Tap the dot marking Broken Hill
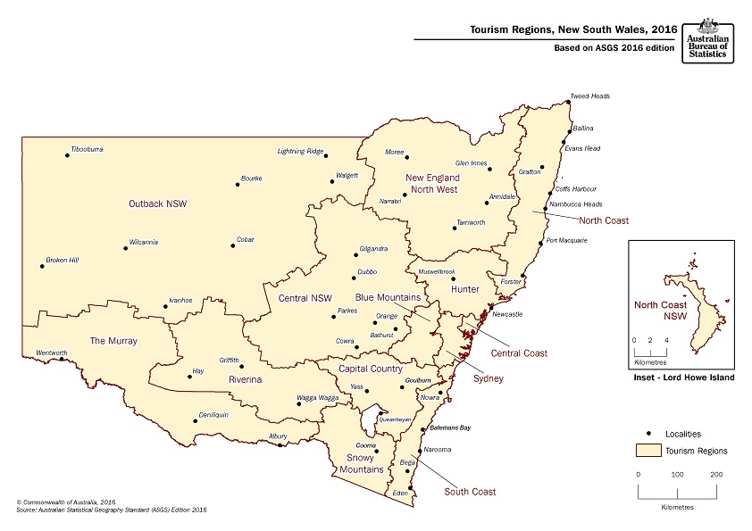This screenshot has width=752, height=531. pos(41,265)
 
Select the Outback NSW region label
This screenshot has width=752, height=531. pos(159,203)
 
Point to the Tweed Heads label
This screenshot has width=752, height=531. pos(590,95)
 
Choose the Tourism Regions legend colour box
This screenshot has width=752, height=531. pos(648,450)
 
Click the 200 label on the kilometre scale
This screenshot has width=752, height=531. pos(716,475)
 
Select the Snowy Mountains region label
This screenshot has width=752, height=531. pos(365,463)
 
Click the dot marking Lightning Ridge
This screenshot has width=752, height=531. pos(326,155)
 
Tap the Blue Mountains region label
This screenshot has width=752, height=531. pos(388,297)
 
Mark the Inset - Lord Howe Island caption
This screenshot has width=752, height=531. pos(681,378)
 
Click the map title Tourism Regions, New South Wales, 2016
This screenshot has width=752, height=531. pos(572,29)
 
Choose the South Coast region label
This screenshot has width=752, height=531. pos(470,492)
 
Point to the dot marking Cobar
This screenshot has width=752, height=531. pos(233,245)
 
